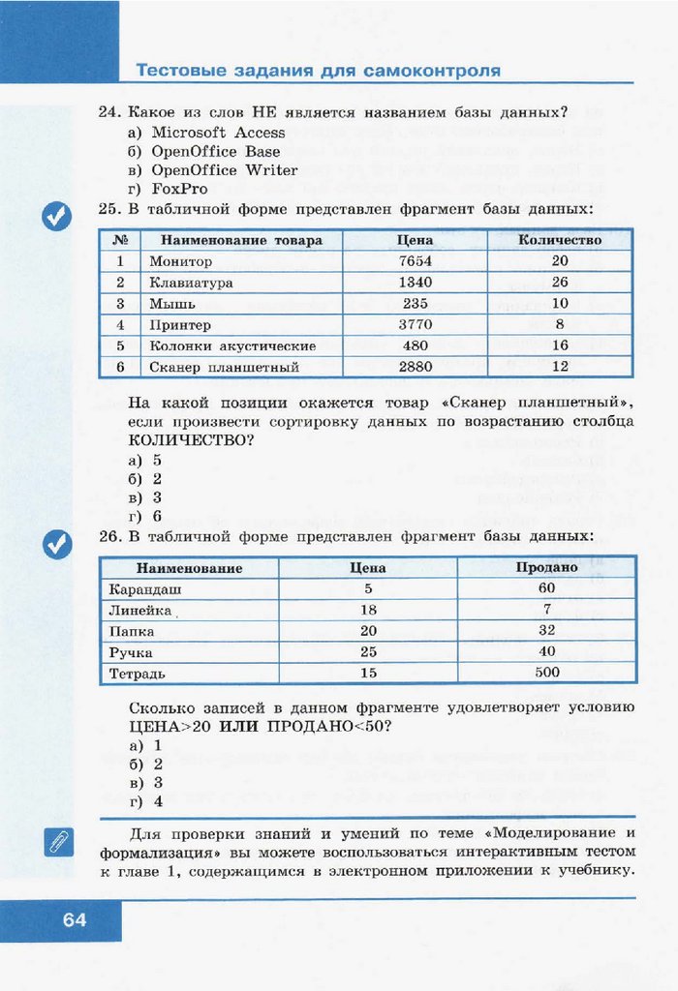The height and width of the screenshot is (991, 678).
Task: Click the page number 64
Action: (75, 919)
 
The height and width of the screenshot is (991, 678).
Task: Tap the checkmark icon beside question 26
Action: (57, 544)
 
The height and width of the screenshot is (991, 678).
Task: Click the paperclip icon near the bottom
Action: (57, 842)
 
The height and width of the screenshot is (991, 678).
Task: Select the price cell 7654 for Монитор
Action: (415, 261)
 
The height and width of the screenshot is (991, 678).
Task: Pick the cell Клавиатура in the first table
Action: (191, 283)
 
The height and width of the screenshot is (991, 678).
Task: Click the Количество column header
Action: (560, 240)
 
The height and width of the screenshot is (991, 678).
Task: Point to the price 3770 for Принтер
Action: (415, 325)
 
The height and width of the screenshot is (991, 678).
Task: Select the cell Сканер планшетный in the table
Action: (224, 368)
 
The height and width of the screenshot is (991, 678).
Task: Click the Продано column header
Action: (546, 568)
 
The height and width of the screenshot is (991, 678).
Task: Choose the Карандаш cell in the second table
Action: (145, 589)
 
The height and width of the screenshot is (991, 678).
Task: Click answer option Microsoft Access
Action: (218, 133)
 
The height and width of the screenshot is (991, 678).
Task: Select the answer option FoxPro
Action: (179, 189)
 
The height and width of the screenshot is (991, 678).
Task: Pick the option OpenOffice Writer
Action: (224, 170)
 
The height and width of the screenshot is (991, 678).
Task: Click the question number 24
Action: (108, 113)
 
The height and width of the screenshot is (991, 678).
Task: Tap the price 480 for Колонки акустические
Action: (415, 346)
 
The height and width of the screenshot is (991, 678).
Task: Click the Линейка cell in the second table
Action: (140, 611)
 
